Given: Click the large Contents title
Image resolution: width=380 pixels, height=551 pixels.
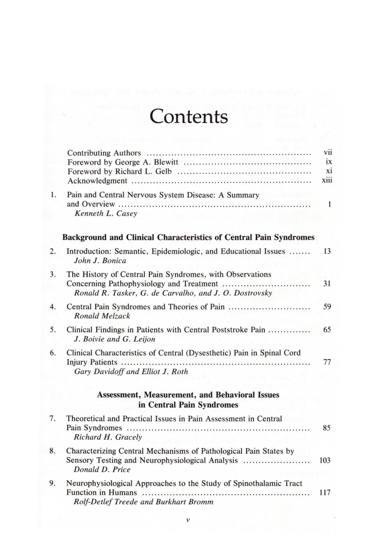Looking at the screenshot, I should click(x=189, y=117).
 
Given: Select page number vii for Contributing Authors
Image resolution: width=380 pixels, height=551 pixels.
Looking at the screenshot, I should click(x=327, y=152).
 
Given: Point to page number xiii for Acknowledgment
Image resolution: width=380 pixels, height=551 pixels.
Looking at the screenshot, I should click(x=327, y=180).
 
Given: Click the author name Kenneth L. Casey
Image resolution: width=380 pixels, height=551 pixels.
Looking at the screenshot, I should click(x=106, y=213).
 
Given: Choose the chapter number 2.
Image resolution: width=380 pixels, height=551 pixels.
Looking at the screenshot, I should click(x=53, y=251).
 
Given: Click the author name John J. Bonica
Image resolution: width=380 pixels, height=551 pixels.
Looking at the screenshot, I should click(x=100, y=260).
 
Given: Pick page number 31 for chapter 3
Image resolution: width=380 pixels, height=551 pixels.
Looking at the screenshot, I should click(x=327, y=284).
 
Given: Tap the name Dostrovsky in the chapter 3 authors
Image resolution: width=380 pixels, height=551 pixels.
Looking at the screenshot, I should click(x=253, y=293).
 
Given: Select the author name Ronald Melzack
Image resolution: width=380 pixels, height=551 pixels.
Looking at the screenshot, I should click(x=102, y=316).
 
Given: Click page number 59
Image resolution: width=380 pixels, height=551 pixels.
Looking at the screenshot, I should click(x=327, y=307).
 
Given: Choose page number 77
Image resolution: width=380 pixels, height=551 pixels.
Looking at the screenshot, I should click(x=327, y=362).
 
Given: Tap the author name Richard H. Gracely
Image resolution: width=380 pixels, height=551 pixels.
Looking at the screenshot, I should click(x=108, y=437).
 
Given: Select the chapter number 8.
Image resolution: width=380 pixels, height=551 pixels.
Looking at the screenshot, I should click(x=53, y=451).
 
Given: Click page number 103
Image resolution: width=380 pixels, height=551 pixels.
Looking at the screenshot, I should click(x=325, y=460).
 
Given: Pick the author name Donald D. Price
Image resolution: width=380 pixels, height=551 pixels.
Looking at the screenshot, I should click(x=102, y=469).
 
